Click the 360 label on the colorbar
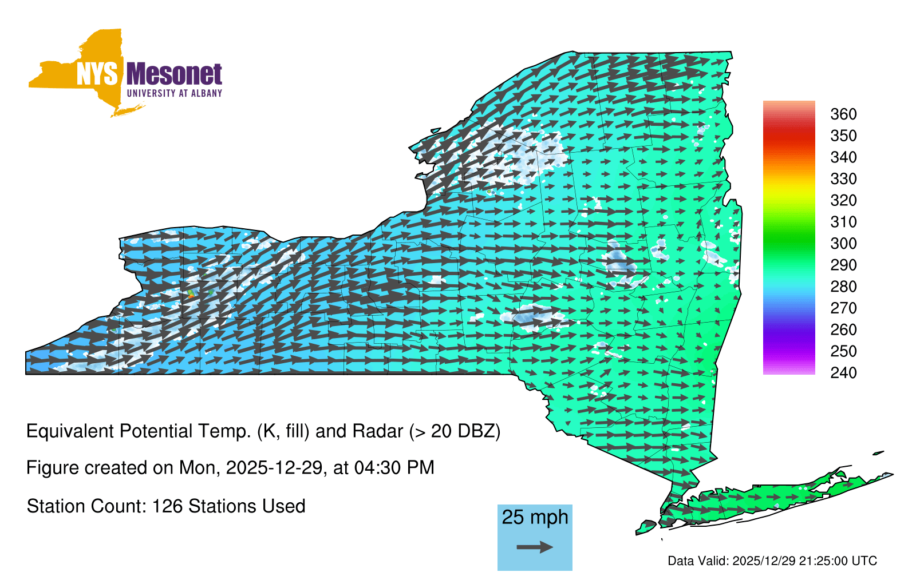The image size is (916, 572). pos(843,114)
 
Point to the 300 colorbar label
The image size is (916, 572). pos(843,244)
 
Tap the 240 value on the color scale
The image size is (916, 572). pos(843,372)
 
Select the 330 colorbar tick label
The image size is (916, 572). pos(843,178)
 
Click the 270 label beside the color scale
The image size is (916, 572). pos(843,308)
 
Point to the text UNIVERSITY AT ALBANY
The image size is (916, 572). pos(175,93)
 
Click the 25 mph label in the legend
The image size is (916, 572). pos(535,518)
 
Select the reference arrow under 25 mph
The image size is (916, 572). pos(535,547)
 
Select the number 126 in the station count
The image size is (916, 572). pos(165,506)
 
